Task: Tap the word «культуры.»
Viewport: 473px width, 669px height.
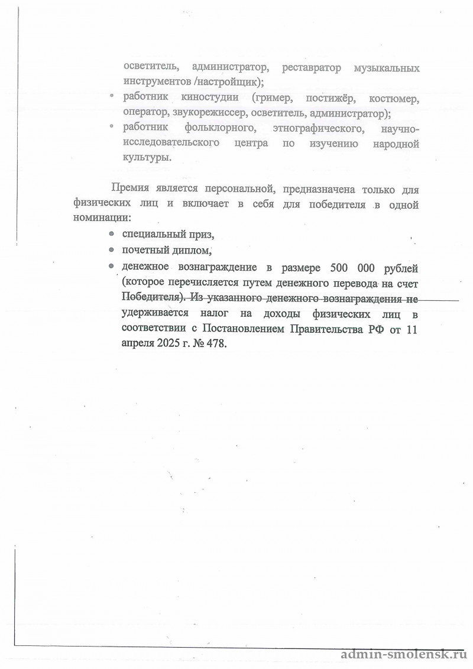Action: (148, 158)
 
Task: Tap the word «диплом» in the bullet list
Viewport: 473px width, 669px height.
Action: (190, 250)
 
